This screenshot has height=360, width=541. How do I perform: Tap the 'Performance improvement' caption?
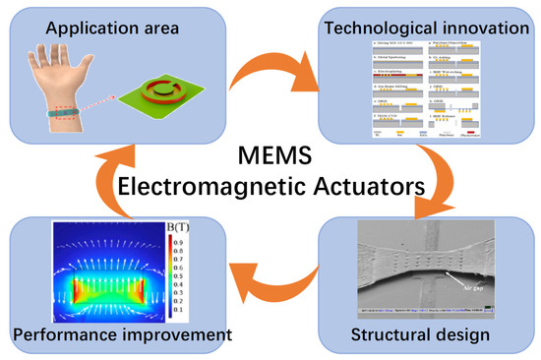click(121, 334)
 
